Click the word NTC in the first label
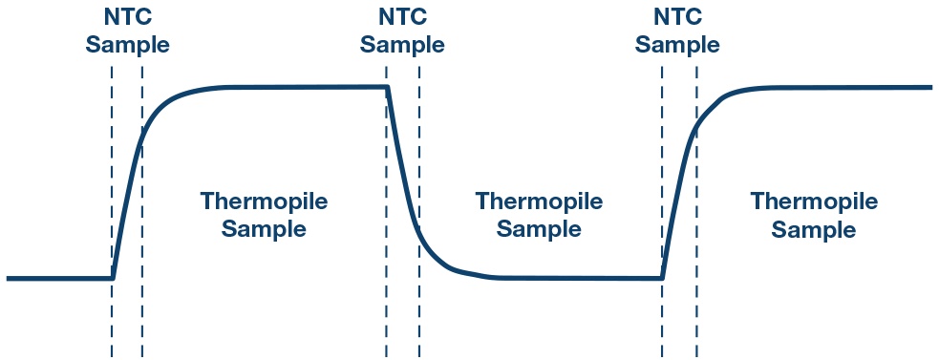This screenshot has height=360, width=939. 127,17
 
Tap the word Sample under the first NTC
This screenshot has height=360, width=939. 127,46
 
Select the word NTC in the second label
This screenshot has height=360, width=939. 402,17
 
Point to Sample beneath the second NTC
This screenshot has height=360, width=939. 402,46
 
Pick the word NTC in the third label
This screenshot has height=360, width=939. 677,17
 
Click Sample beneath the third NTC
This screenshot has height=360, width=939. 677,46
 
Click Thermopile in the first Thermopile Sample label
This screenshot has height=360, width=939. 264,201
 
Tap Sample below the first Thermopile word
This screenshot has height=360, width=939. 264,230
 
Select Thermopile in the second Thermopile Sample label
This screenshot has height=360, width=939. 539,201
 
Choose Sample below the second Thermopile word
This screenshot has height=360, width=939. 539,230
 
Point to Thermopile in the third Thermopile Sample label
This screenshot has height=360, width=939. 814,201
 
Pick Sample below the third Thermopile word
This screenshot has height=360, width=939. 814,230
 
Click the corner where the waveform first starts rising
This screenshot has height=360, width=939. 113,278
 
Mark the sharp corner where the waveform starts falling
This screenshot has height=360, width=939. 388,88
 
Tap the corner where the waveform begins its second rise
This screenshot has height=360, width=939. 662,278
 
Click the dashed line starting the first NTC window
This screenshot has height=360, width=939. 112,211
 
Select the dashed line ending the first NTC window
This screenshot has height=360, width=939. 142,211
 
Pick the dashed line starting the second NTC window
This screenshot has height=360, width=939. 386,211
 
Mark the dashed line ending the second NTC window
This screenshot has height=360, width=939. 419,211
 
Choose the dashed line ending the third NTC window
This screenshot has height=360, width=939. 696,211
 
